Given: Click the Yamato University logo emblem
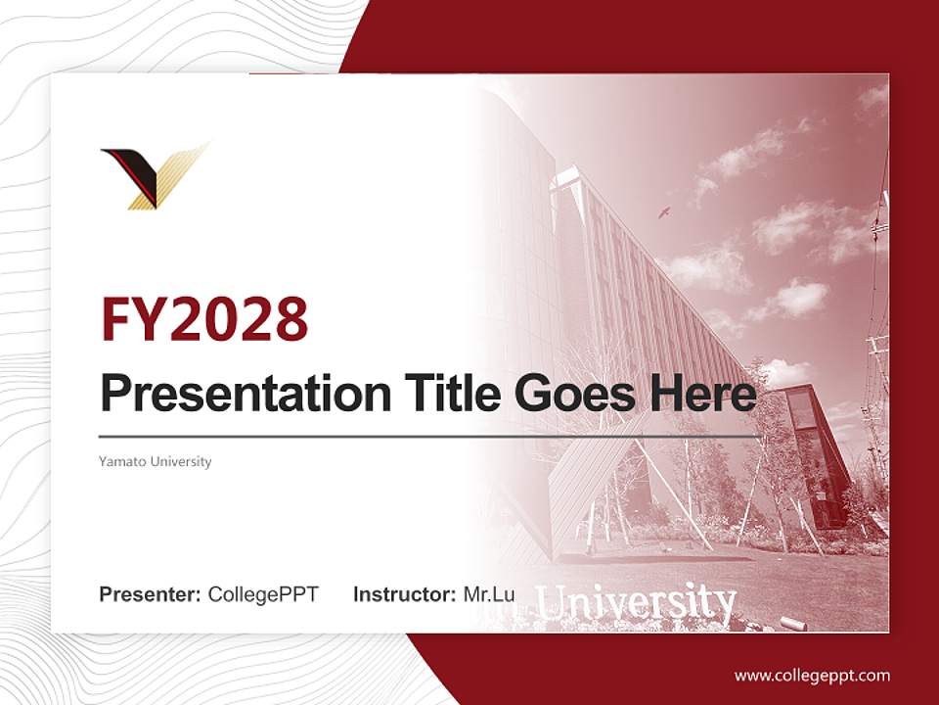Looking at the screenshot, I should (x=154, y=176).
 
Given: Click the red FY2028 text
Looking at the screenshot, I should (x=204, y=318).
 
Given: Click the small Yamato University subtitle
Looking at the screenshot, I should (x=156, y=461).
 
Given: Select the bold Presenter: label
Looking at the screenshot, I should (x=151, y=593).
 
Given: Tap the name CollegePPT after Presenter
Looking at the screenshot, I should (x=263, y=593).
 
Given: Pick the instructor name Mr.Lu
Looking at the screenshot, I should (x=489, y=593).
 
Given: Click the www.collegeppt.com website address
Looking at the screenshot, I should (x=812, y=675).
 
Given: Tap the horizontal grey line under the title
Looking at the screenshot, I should (x=430, y=436).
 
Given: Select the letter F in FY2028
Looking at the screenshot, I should (x=118, y=318).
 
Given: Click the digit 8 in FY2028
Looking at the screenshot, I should (x=290, y=318).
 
